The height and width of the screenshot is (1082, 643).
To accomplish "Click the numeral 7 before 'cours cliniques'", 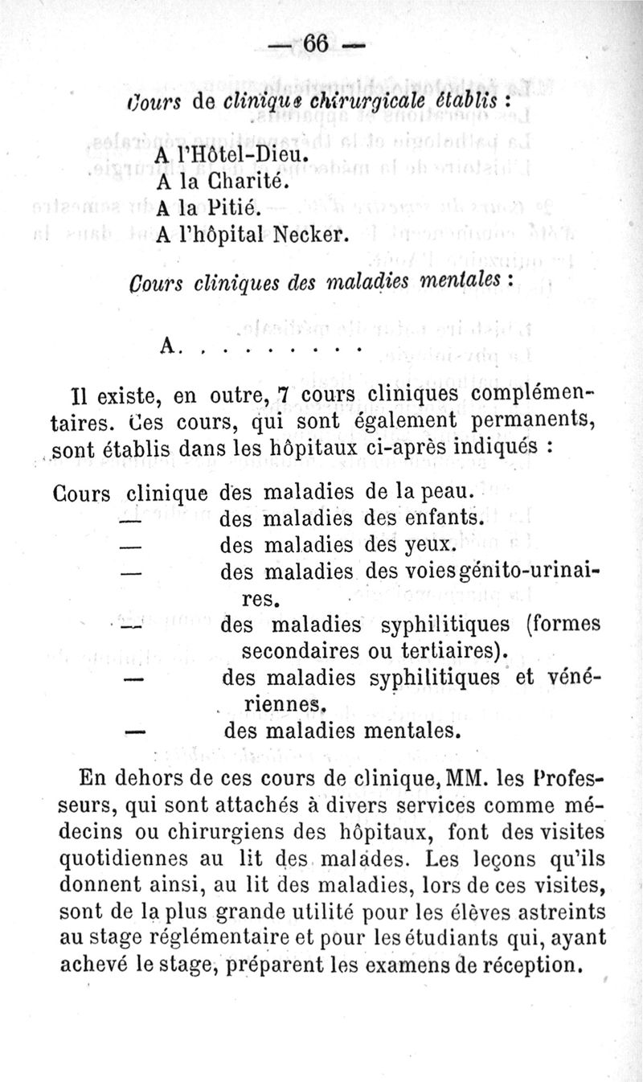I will coord(282,396).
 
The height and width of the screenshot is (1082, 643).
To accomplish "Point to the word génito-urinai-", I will coord(521,572).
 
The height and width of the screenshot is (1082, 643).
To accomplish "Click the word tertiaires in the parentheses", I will coord(458,650).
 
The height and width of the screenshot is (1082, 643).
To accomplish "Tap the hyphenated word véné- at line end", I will coord(574,677).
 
